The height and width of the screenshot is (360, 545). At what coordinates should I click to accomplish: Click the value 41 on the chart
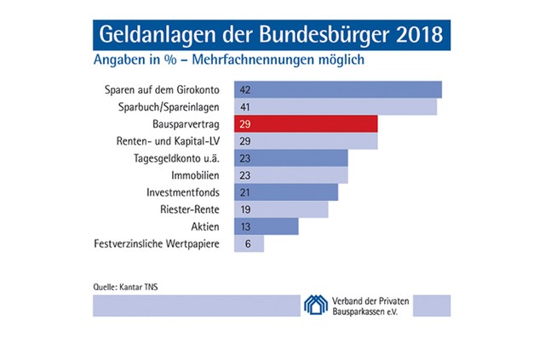[x=244, y=107]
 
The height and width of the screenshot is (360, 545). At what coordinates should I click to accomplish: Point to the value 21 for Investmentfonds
[x=244, y=192]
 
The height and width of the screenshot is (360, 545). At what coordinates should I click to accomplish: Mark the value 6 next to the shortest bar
[x=248, y=244]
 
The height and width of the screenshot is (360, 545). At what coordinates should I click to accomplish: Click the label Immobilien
[x=197, y=175]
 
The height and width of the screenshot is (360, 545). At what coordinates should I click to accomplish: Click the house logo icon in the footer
[x=317, y=305]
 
